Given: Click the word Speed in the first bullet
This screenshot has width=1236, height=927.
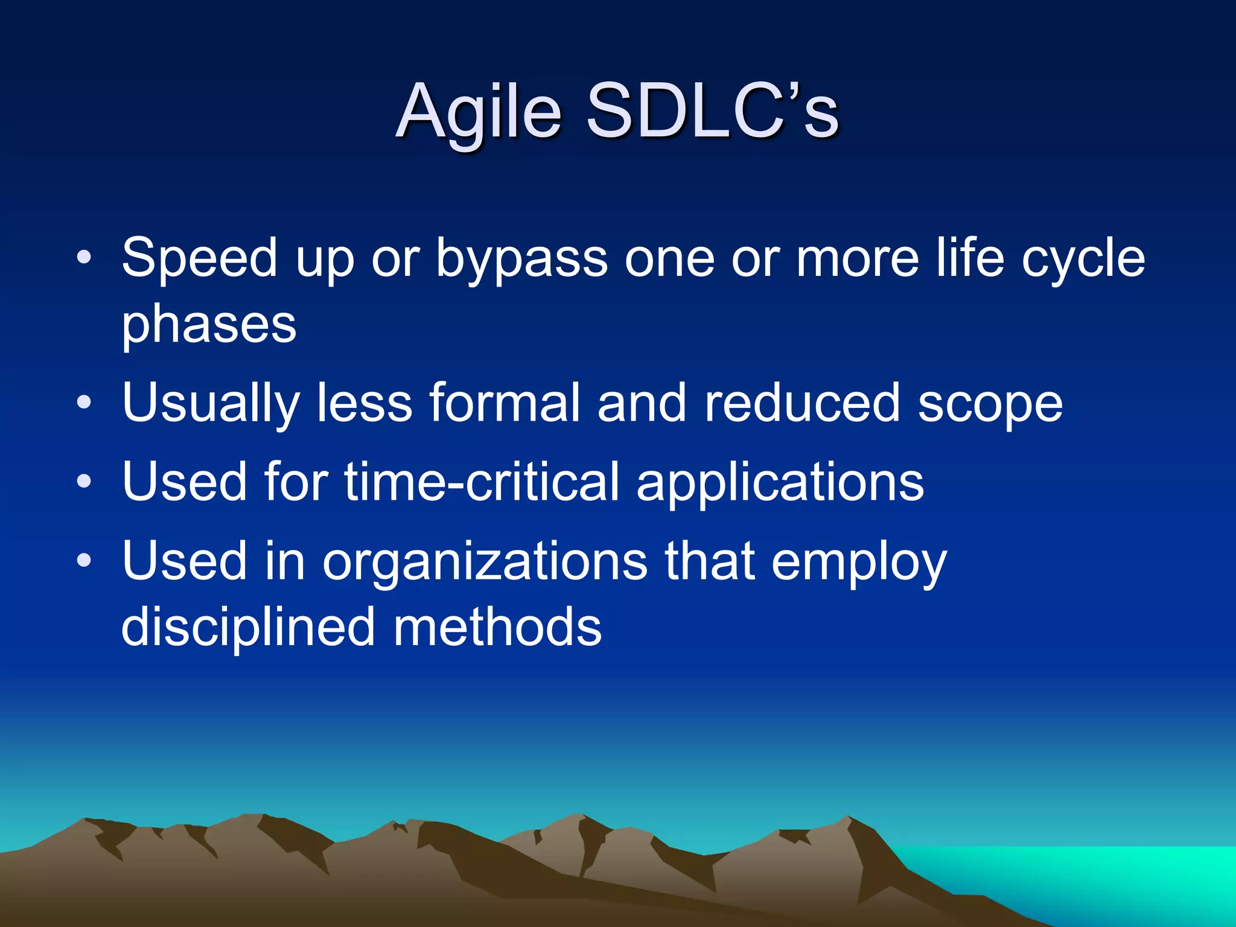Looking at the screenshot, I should click(x=199, y=258).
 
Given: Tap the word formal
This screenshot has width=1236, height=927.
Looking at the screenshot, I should click(x=504, y=403).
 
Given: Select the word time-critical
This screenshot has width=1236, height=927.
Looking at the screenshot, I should click(x=482, y=481).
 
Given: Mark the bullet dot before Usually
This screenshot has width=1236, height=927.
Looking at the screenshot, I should click(x=84, y=403).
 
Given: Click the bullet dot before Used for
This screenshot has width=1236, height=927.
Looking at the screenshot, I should click(x=84, y=481).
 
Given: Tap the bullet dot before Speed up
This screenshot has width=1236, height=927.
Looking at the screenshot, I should click(x=84, y=258).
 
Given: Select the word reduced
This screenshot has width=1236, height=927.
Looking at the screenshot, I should click(x=802, y=403).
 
